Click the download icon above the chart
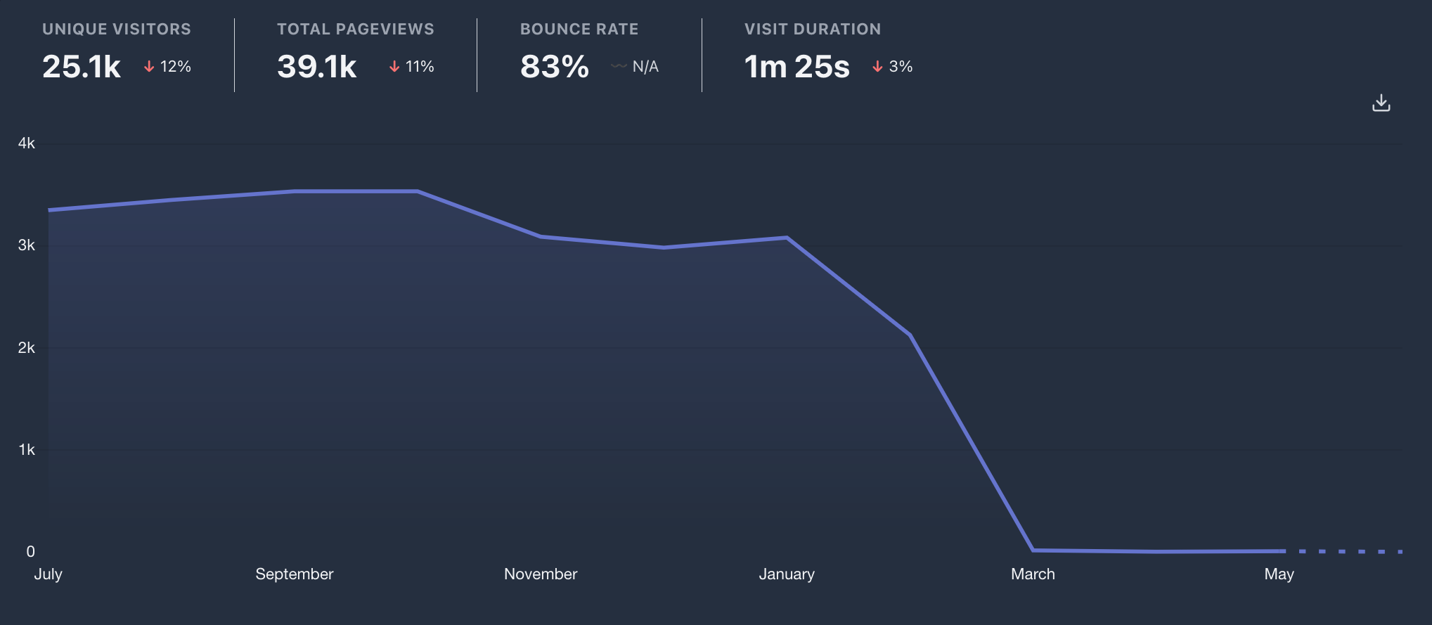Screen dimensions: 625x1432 click(x=1381, y=103)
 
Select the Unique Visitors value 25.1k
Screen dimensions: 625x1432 click(x=82, y=67)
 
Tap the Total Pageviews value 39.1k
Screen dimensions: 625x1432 click(x=317, y=67)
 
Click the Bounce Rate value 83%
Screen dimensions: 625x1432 click(x=555, y=67)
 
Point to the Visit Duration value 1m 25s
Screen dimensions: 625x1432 click(x=797, y=67)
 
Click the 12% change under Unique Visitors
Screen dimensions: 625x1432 click(x=168, y=67)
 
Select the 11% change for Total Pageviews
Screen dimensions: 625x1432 click(x=412, y=67)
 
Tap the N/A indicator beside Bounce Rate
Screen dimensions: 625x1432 click(x=636, y=67)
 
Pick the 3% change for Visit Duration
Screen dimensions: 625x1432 click(x=893, y=67)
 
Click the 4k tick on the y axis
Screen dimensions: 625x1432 click(x=27, y=143)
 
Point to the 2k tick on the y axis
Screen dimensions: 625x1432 click(x=27, y=348)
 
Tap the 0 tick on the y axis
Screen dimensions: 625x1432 click(x=30, y=552)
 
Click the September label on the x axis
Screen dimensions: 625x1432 click(x=295, y=574)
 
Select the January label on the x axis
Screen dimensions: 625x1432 click(x=787, y=574)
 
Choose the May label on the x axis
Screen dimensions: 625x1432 click(x=1279, y=574)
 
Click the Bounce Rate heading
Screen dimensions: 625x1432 click(x=579, y=30)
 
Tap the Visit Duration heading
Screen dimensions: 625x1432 click(x=813, y=30)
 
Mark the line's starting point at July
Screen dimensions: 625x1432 click(x=49, y=210)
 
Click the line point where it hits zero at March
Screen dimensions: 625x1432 click(x=1033, y=550)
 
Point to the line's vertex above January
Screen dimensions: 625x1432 click(x=787, y=238)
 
